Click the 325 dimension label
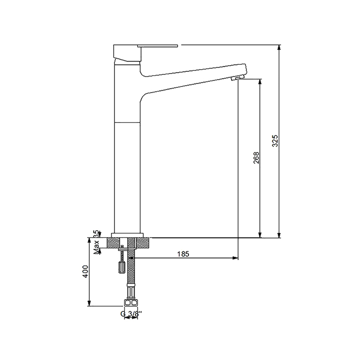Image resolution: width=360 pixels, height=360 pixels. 275,141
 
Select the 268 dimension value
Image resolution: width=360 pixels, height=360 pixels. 256,157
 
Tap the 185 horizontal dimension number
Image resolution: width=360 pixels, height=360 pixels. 183,254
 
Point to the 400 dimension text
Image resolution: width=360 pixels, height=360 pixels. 85,272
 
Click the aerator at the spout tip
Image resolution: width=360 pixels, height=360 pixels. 236,79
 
